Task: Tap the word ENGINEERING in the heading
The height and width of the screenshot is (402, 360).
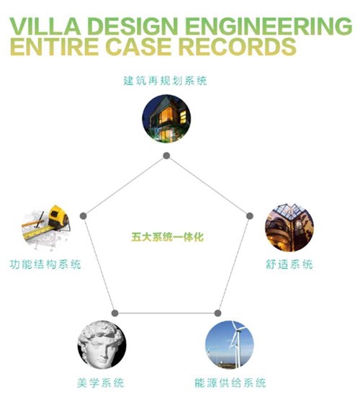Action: pos(269,26)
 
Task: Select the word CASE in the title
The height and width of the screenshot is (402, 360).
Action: pos(138,47)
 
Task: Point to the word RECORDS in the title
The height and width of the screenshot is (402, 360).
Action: pos(238,47)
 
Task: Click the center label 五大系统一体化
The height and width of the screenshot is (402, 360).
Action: pos(167,237)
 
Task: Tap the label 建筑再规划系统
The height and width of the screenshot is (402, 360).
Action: pos(165,81)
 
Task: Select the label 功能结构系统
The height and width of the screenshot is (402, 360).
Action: pos(45,264)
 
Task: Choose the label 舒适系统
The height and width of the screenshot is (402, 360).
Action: pos(289,264)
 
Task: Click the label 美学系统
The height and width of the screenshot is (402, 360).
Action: pos(101,383)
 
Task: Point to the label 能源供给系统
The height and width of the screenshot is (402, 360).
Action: pos(230,383)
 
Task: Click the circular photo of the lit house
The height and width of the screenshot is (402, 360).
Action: pos(166,118)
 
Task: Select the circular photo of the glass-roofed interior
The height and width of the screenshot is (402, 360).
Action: pos(289,228)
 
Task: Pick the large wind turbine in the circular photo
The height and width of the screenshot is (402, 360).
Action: pos(237,345)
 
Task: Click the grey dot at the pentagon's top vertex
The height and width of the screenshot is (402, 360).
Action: pos(166,156)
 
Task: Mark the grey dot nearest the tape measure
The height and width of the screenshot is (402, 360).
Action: pos(84,216)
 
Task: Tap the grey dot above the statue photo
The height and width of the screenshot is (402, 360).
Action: pos(114,313)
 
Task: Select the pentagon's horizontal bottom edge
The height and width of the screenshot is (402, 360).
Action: pos(166,313)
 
